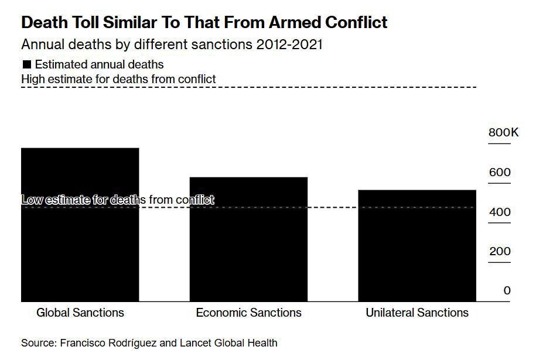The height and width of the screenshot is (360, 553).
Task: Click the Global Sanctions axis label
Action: coord(80,313)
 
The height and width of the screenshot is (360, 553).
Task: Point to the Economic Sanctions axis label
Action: coord(248,313)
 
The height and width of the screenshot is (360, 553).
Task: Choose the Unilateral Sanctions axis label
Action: coord(417,313)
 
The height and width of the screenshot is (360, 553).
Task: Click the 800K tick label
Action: coord(503,133)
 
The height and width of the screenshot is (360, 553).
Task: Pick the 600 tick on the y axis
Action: coord(500,173)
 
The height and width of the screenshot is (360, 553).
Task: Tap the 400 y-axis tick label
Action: coord(500,212)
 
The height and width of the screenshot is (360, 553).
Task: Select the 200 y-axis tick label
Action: coord(500,252)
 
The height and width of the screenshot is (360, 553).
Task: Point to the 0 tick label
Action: coord(507,291)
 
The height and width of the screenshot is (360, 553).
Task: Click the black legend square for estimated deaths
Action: coord(26,64)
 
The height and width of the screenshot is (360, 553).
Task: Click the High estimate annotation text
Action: coord(118,79)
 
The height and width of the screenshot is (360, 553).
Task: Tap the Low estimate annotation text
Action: coord(118,200)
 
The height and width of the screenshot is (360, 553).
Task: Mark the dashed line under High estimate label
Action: coord(248,87)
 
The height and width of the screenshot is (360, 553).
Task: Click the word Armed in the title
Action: coord(298,23)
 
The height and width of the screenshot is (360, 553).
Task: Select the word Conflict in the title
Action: coord(359,23)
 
